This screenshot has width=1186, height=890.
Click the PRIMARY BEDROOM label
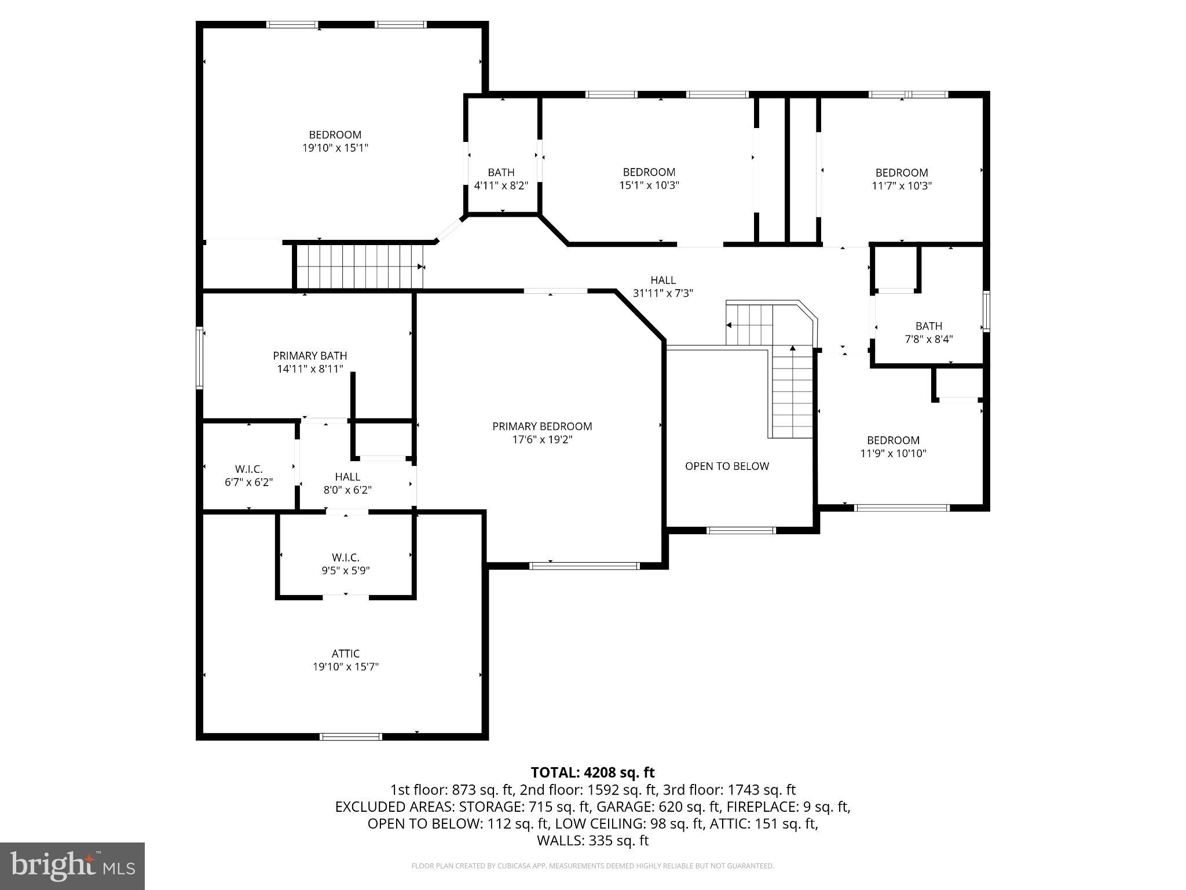coord(542,426)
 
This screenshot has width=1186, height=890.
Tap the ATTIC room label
coord(346,654)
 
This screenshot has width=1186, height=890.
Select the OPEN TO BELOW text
coord(727,466)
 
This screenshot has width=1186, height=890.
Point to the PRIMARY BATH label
coord(310,356)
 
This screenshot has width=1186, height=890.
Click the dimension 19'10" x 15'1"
coord(335,148)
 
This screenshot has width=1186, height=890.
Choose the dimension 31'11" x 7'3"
coord(662,293)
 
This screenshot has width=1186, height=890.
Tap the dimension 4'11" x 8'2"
coord(501,186)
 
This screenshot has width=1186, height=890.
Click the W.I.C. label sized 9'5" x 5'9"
coord(346,557)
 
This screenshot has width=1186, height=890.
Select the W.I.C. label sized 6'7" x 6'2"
coord(249,469)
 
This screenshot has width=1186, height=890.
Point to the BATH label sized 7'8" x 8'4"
coord(928,326)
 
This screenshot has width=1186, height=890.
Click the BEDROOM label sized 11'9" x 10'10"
coord(893,440)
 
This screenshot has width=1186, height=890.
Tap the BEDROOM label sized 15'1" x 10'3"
coord(649,172)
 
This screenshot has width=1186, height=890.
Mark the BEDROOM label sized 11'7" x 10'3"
coord(901,173)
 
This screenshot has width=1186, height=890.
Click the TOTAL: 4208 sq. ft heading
coord(592,772)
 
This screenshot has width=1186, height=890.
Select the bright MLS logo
coord(72,866)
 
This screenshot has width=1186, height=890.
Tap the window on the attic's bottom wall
coord(350,736)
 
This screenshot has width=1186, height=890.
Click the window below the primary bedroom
coord(584,566)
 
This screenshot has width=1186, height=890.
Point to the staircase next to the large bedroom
coord(359,267)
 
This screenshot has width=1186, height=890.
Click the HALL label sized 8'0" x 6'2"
coord(347,477)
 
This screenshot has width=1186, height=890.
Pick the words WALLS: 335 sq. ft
coord(592,840)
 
